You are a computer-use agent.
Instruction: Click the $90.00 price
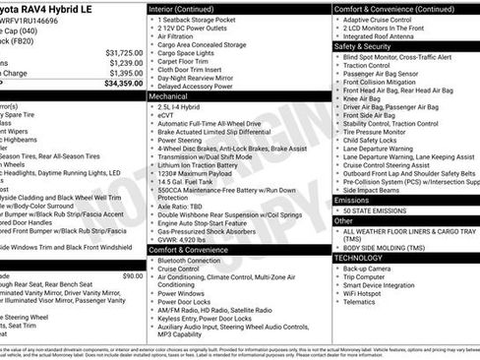click(132, 249)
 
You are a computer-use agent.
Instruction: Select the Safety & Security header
click(362, 45)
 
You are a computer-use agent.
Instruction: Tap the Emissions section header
click(352, 200)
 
